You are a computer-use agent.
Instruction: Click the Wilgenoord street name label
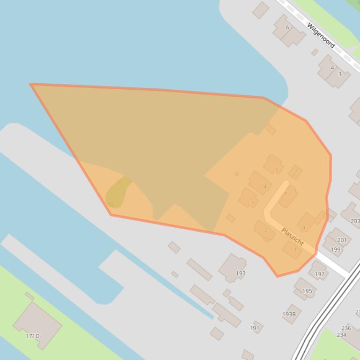tap(321, 35)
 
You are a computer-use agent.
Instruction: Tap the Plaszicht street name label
tap(293, 237)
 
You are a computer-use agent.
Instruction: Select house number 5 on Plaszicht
tap(277, 170)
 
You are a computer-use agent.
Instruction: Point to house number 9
tap(303, 228)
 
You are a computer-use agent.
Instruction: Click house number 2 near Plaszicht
tap(266, 230)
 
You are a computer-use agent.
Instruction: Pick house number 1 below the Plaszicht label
tap(295, 250)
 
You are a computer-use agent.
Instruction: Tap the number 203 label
tap(355, 222)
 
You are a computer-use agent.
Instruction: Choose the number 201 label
tap(342, 240)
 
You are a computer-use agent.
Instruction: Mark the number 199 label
tap(336, 249)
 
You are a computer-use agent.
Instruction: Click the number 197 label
tap(320, 274)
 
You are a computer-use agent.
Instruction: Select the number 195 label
tap(307, 291)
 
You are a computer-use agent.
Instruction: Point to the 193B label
tap(289, 314)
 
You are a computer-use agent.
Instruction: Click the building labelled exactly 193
tap(241, 273)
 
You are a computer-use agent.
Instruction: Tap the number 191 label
tap(255, 328)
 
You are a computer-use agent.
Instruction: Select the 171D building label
tap(33, 336)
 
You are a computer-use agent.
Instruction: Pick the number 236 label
tap(346, 328)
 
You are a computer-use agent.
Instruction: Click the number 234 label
tap(341, 335)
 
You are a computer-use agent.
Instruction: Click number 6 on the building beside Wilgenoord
tap(287, 27)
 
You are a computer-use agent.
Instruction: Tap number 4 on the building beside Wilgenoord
tap(332, 67)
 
